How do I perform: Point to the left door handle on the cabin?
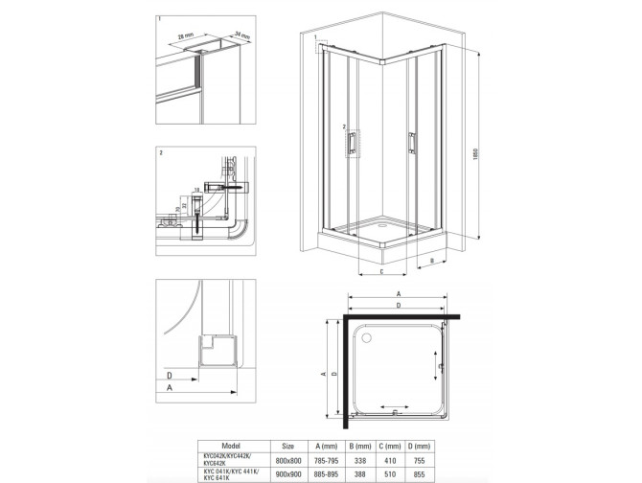[x=353, y=141]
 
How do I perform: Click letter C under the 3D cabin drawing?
[x=381, y=271]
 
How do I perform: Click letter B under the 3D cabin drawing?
[x=432, y=260]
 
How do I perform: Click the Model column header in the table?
[x=231, y=446]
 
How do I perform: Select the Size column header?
[x=288, y=446]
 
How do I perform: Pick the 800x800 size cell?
[x=288, y=459]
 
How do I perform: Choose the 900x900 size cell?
[x=288, y=472]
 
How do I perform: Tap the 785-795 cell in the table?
[x=332, y=459]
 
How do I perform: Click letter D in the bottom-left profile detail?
[x=169, y=375]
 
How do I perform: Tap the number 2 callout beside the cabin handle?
[x=343, y=126]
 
